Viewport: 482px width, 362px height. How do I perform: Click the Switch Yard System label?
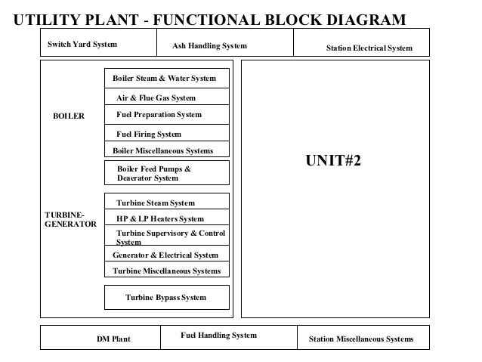[x=82, y=45]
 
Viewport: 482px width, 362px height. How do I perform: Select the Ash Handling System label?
[x=209, y=47]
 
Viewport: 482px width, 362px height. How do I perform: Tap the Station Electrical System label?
[x=369, y=48]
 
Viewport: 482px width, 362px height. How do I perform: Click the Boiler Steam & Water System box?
[x=165, y=79]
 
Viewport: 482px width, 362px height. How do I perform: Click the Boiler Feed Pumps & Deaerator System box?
[x=166, y=173]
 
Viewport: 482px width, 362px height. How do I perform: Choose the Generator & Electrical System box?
[x=165, y=255]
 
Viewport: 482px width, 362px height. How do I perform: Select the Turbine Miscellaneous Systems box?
[x=166, y=271]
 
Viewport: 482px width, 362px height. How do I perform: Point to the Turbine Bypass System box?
[x=166, y=297]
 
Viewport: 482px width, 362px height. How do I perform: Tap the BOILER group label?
[x=68, y=116]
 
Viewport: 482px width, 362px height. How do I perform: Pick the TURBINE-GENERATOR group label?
[x=71, y=220]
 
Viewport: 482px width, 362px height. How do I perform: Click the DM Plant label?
[x=113, y=339]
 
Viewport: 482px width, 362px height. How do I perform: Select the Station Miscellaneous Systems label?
[x=361, y=339]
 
